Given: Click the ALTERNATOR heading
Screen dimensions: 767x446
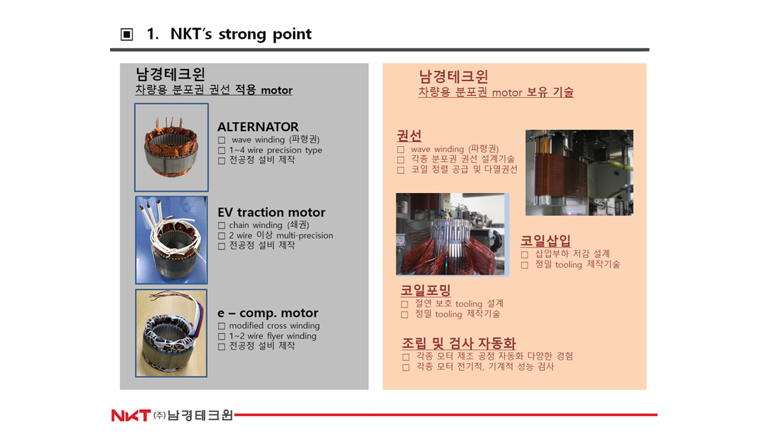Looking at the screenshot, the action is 258,127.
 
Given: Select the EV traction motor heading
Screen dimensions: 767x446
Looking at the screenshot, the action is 272,213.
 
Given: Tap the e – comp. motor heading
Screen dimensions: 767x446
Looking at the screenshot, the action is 268,313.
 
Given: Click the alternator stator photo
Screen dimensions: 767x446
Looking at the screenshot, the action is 171,147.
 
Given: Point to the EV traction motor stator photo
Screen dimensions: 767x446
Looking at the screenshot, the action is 171,240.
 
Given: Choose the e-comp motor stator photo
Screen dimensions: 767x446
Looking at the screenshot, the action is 171,333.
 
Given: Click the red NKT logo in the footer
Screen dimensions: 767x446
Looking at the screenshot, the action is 131,415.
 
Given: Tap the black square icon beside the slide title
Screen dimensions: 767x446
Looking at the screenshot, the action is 127,35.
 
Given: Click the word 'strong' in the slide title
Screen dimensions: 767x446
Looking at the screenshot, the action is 242,35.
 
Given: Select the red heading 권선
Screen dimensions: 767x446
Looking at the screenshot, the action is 409,136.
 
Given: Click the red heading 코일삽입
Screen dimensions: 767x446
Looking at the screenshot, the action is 545,241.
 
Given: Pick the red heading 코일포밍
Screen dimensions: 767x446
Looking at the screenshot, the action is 426,290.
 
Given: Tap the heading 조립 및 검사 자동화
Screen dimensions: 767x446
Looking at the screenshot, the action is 459,343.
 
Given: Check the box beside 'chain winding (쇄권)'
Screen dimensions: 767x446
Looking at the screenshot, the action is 222,226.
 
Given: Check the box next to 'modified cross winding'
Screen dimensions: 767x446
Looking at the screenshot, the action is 222,326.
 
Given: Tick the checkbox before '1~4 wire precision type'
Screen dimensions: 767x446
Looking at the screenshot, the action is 222,151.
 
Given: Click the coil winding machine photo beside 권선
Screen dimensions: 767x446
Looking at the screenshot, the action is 579,173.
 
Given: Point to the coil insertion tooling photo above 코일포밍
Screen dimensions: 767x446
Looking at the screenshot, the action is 453,235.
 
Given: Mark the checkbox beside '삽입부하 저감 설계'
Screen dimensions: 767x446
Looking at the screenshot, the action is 525,255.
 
